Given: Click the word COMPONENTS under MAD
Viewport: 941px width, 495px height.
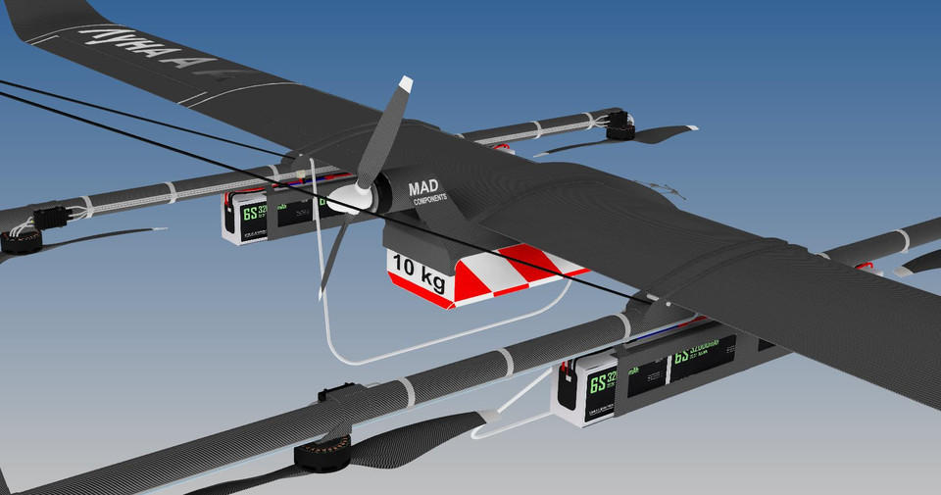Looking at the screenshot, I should point(429,198).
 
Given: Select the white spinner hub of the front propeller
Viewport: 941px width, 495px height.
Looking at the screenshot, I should point(345,201).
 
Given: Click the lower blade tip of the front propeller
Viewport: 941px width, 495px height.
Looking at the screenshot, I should point(321,291).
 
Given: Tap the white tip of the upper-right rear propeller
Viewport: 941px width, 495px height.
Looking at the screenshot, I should point(691,128).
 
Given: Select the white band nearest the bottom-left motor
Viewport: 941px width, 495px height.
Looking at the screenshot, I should point(408,392).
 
